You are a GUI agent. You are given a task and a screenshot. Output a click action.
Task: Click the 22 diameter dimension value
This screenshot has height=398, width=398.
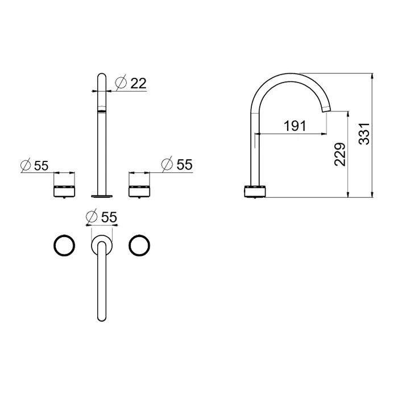click(138, 83)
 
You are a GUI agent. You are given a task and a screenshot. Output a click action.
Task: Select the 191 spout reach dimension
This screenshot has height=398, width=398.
click(295, 126)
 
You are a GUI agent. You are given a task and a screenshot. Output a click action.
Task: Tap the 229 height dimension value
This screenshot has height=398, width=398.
click(339, 155)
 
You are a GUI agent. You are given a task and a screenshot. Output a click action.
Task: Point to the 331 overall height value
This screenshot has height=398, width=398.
click(364, 134)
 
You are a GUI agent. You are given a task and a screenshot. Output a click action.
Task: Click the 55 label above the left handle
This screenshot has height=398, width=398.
click(41, 166)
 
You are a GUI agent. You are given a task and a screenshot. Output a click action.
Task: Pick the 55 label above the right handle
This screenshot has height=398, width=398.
click(185, 164)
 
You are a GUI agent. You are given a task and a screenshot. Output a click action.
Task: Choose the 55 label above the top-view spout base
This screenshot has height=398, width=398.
click(109, 217)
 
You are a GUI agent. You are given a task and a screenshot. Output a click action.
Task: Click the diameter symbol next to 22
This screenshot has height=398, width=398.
click(121, 82)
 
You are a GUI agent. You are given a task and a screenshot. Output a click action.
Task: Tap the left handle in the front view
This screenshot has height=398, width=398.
click(64, 191)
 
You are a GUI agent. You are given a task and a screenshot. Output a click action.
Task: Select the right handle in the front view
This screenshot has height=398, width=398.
click(139, 191)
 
